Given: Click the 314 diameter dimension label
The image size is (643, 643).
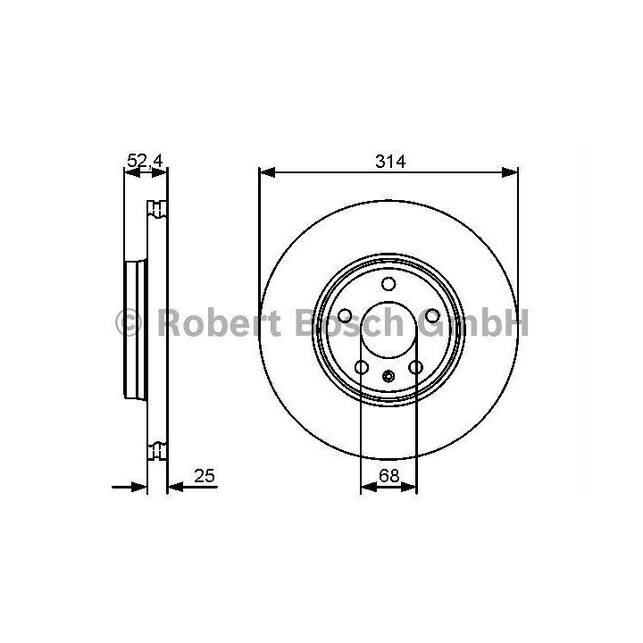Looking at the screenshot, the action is (x=390, y=162).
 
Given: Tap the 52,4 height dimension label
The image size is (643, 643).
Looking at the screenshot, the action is (x=146, y=161).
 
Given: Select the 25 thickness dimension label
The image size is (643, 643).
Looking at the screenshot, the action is (x=205, y=476).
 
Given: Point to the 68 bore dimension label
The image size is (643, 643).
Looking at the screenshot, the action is (x=388, y=476).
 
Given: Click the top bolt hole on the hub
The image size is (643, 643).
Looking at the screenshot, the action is (x=388, y=284).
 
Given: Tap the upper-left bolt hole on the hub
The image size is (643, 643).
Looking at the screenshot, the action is (x=345, y=316).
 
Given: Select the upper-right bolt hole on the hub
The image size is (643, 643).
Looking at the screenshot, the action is (x=432, y=316).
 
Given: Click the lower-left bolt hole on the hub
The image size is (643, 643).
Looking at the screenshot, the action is (x=362, y=367).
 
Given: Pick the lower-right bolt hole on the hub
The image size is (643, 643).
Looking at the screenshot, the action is (x=415, y=367).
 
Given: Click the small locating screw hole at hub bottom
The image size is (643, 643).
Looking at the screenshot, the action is (x=388, y=376).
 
